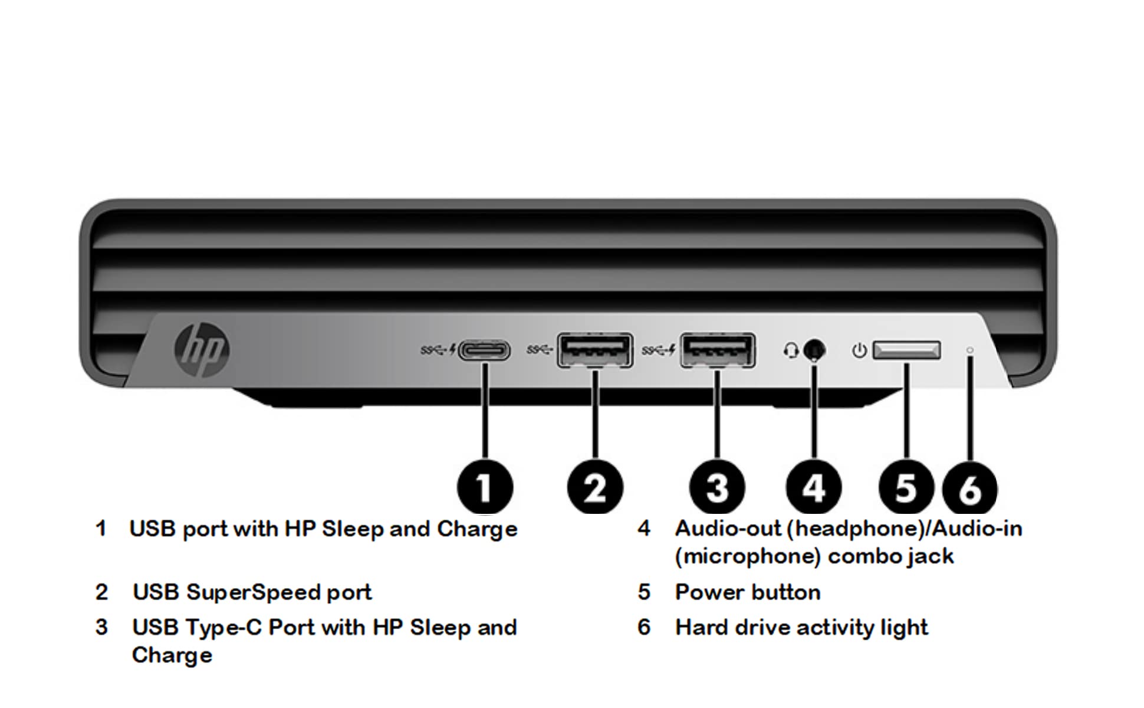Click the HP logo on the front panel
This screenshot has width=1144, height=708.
point(202,350)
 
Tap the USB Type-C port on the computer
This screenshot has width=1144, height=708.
point(484,350)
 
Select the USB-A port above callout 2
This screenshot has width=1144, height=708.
point(595,350)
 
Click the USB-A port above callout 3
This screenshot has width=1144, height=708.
point(718,350)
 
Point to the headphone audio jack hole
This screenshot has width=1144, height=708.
point(814,350)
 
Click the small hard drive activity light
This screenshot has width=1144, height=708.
point(970,350)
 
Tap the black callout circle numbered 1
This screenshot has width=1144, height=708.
point(485,487)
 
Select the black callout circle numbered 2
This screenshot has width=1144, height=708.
point(595,487)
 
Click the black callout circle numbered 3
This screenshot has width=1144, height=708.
point(717,487)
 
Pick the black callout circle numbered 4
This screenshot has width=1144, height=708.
point(814,487)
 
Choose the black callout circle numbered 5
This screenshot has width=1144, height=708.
point(906,487)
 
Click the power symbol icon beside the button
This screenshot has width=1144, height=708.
point(860,350)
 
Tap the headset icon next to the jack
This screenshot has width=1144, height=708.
point(791,350)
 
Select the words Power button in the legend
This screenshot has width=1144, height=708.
point(748,592)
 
